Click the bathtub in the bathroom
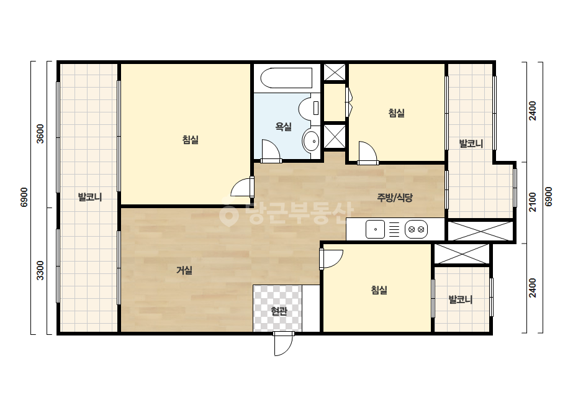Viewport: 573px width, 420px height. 287,78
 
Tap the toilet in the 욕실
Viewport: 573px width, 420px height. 309,108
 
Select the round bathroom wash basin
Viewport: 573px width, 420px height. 311,140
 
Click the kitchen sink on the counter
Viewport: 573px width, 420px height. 376,229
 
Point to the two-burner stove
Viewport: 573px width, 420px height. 416,229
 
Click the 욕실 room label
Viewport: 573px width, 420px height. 283,127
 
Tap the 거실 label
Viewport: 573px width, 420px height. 184,270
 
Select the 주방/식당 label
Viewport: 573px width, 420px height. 395,198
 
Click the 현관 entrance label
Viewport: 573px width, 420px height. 279,311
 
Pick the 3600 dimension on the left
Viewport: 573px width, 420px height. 40,134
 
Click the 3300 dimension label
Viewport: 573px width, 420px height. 40,270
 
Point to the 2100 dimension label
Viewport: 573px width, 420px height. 533,202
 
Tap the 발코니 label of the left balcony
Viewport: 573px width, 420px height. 90,197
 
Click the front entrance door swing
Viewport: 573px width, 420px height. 284,344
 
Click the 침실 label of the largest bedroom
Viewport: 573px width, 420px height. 190,139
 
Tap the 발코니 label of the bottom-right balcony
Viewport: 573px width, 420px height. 461,299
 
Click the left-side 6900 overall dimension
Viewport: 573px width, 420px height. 24,197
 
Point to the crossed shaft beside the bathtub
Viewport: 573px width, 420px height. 335,72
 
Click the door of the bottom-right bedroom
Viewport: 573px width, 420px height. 331,259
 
